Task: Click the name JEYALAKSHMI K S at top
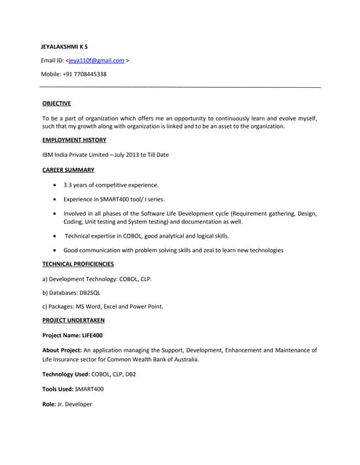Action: tap(64, 46)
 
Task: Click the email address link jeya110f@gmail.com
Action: tap(96, 60)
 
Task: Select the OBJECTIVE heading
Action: tap(57, 103)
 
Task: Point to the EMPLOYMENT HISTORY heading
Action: tap(74, 140)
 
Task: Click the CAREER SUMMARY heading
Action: tap(68, 170)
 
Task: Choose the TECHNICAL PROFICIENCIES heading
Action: tap(78, 264)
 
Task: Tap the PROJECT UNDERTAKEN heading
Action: tap(73, 320)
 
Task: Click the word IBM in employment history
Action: tap(49, 155)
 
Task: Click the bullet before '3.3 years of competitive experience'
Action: tap(56, 185)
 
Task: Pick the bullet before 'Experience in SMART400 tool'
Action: tap(56, 199)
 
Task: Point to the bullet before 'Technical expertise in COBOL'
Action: tap(56, 236)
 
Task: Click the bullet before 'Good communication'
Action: tap(56, 250)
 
